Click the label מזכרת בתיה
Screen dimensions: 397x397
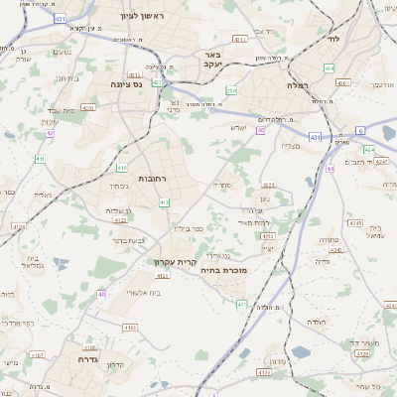tap(223, 270)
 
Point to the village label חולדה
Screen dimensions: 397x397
tap(316, 323)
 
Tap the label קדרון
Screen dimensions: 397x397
tap(115, 365)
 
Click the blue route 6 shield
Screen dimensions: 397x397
tap(360, 130)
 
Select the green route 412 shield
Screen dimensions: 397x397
tap(164, 201)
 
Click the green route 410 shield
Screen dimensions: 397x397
tap(121, 168)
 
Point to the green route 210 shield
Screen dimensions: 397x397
tap(231, 90)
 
